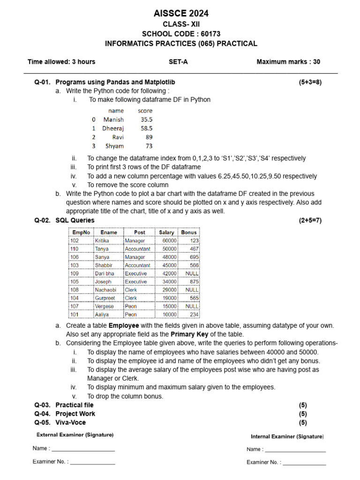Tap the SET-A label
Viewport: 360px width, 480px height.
178,61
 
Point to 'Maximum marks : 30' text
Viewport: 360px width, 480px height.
288,61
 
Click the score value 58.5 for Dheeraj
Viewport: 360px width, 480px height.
146,128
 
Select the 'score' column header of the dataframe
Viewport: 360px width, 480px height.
145,111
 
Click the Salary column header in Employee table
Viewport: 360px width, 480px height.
166,232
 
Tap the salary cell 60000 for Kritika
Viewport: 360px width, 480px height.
169,240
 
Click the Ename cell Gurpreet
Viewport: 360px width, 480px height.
105,298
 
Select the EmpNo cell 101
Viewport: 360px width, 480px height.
75,315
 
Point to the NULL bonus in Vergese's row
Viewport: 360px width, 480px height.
192,306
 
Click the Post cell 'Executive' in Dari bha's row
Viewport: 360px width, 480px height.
135,273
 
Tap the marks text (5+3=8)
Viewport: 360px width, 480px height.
310,82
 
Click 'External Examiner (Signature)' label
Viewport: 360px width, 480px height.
75,435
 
